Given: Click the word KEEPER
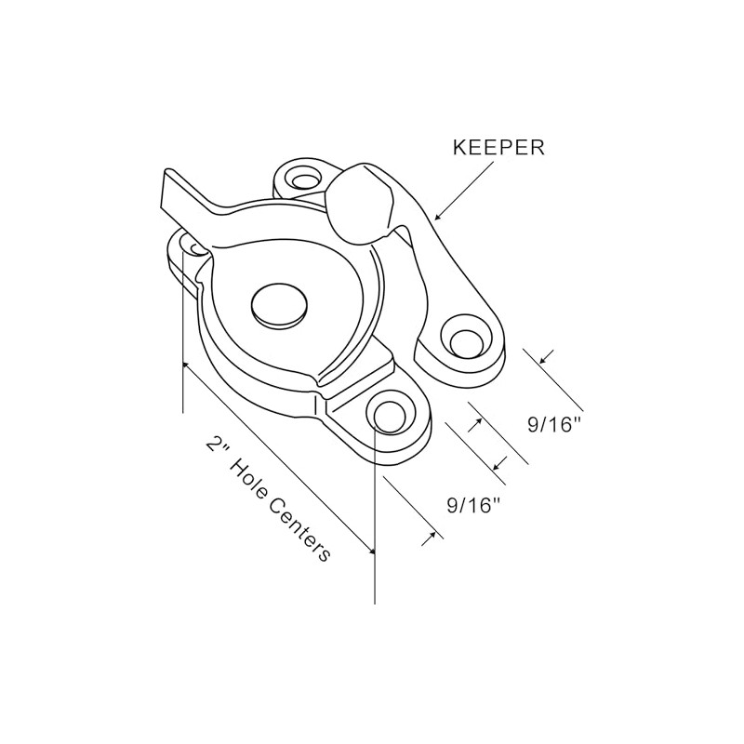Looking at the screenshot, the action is click(498, 148).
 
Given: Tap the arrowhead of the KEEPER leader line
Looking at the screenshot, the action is click(438, 216).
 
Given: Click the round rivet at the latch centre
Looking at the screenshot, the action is click(279, 307).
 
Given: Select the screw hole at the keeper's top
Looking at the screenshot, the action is click(304, 180).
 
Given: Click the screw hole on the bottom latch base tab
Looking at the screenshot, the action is click(390, 416).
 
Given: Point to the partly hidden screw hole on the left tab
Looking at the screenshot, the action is click(196, 247).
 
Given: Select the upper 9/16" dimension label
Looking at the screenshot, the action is click(554, 425).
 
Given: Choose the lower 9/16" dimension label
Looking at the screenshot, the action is click(474, 506).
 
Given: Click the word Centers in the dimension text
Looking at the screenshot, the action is click(299, 530).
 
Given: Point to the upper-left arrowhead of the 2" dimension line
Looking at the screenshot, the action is click(188, 366).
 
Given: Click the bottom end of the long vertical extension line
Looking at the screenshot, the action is click(375, 604).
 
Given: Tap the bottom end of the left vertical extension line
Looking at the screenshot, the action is click(183, 413).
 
